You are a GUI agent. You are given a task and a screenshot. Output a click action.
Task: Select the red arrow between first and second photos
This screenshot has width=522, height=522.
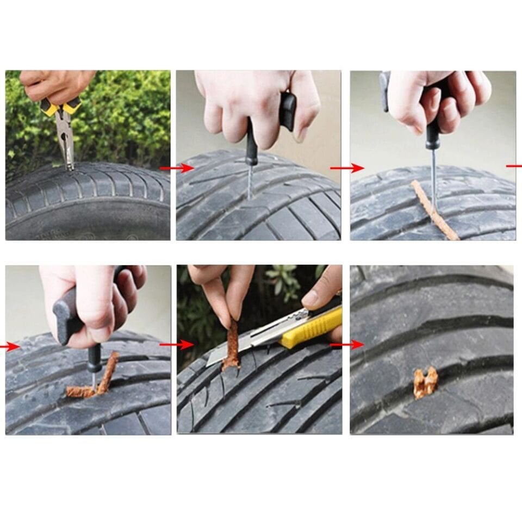click(177, 169)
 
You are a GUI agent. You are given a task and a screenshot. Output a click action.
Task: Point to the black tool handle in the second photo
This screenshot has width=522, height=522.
click(251, 144)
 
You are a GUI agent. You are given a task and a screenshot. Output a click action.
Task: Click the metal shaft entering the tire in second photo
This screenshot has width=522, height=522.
click(250, 182)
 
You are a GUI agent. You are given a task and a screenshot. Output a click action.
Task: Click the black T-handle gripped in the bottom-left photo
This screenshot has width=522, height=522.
click(68, 315)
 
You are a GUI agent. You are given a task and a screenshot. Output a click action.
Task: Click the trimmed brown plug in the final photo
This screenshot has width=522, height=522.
click(425, 383)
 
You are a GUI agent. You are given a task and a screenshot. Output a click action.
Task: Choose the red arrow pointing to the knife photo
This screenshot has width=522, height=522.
click(177, 345)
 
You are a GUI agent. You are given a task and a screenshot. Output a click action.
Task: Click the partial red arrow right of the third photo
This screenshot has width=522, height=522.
click(514, 166)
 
